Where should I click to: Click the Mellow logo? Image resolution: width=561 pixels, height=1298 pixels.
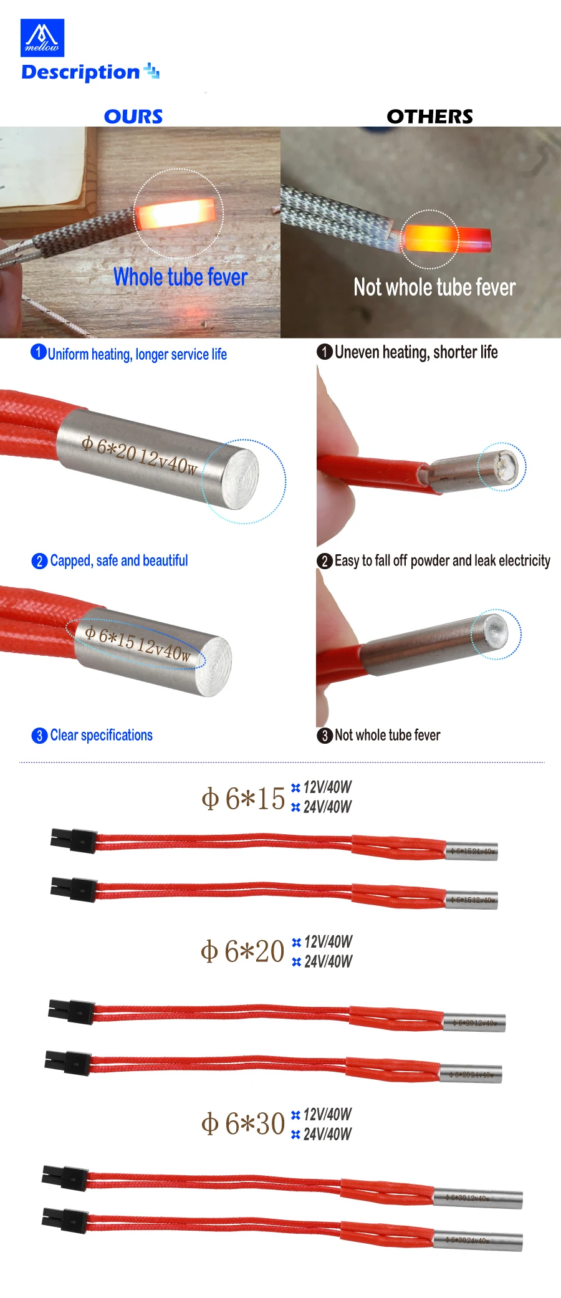click(x=42, y=37)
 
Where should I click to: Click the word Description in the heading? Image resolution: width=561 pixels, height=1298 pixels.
click(x=80, y=72)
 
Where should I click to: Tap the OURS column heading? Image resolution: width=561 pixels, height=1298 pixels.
click(x=133, y=117)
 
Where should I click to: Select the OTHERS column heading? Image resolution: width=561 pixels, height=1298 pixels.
click(x=429, y=117)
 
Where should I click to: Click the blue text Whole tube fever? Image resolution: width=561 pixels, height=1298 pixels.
click(x=180, y=277)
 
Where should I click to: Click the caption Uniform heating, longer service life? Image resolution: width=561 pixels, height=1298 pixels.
click(x=137, y=354)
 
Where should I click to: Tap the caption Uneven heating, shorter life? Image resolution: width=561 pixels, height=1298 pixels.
click(x=416, y=352)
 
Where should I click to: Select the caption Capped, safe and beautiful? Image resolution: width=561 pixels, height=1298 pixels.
click(x=118, y=560)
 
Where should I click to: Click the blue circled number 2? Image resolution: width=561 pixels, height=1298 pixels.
click(x=39, y=561)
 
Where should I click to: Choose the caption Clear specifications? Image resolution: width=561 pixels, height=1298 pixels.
click(x=101, y=735)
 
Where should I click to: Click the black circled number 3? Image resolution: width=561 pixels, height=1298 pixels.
click(x=324, y=736)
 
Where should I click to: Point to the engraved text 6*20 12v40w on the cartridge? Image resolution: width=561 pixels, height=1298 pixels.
click(x=140, y=455)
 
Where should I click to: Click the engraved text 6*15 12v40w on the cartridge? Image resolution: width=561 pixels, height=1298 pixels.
click(x=138, y=643)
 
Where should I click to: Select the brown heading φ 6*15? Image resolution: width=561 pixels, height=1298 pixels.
click(x=243, y=799)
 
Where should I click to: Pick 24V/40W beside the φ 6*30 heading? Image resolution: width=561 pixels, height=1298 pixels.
click(x=327, y=1134)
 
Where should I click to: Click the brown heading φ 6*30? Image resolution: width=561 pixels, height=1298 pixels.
click(x=243, y=1123)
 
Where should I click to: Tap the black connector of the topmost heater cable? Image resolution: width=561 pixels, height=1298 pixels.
click(x=74, y=840)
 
